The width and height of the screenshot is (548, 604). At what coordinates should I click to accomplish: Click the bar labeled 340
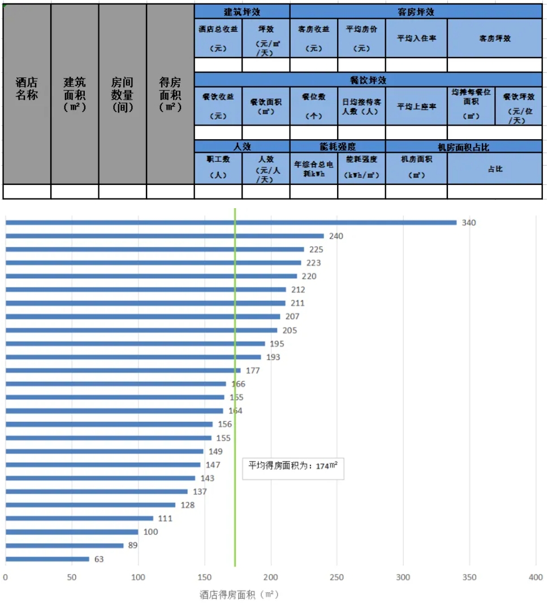coord(231,222)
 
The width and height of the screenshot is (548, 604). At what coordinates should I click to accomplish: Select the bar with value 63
coord(48,559)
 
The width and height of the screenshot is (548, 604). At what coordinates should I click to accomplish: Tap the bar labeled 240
coord(165,236)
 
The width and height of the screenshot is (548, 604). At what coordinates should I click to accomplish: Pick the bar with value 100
coord(72,532)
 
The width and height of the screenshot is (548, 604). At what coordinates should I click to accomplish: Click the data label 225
coord(316,249)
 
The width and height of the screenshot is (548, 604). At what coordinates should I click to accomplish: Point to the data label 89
coord(133,546)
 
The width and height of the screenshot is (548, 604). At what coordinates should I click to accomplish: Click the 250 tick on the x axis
coord(337,577)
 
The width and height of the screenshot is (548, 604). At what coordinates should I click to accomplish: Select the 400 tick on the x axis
coord(535,577)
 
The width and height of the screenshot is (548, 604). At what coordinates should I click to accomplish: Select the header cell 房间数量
coord(122,94)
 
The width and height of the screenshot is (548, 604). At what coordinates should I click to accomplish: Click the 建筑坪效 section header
coord(242,11)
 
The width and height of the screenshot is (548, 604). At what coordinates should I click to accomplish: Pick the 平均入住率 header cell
coord(416,38)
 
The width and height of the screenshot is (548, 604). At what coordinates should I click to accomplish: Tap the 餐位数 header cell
coord(314,106)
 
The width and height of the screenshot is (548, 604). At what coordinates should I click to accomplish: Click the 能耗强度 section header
coord(338,146)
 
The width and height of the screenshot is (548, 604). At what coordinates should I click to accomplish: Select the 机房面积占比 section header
coord(464,146)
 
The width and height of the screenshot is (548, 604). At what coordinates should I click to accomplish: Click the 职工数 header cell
coord(218,168)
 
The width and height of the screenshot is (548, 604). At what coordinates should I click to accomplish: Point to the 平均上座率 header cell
coord(416,106)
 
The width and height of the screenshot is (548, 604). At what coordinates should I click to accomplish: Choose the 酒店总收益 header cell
coord(218,38)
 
